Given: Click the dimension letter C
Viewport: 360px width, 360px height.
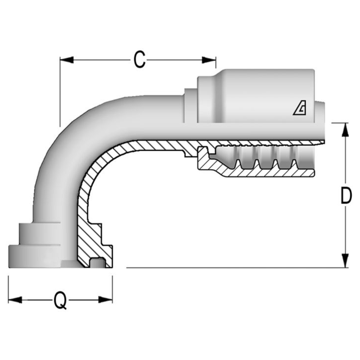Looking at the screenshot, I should pyautogui.click(x=139, y=60).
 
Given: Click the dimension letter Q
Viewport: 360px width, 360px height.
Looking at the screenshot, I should pyautogui.click(x=60, y=300).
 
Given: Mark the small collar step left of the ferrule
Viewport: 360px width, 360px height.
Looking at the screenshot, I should pyautogui.click(x=190, y=105).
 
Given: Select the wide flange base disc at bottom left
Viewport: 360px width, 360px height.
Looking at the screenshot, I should pyautogui.click(x=33, y=257).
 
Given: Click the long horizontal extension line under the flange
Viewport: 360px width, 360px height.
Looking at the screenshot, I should pyautogui.click(x=233, y=267).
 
